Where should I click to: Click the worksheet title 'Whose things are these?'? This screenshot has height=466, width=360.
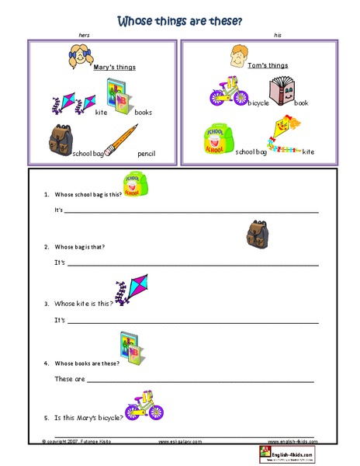(x=179, y=20)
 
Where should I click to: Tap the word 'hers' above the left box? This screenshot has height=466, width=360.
(x=85, y=36)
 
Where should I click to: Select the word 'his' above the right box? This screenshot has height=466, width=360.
(x=277, y=36)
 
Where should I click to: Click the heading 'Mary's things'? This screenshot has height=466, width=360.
(x=114, y=68)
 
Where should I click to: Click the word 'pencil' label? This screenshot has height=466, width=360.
(x=147, y=154)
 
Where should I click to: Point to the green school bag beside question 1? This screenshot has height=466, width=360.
(x=135, y=187)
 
